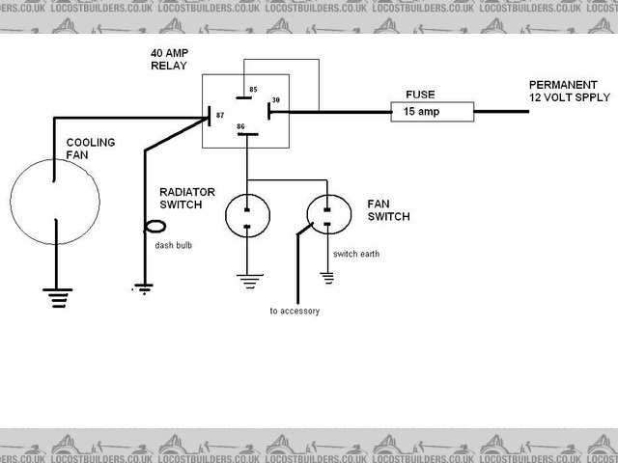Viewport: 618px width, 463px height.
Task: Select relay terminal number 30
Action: (275, 100)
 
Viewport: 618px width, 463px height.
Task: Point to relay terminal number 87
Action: (220, 116)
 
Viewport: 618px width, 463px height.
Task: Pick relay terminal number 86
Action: (240, 128)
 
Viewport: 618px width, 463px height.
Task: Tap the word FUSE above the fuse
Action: (419, 95)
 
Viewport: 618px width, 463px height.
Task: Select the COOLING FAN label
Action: (90, 149)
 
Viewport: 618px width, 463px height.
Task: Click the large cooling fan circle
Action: (56, 201)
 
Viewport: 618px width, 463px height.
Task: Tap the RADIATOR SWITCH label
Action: (187, 198)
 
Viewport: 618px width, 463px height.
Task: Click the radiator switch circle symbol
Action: (248, 215)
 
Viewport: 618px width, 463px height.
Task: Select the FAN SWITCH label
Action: (387, 211)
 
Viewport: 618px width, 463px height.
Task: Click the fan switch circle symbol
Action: (328, 215)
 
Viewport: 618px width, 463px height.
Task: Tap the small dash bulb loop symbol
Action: (154, 230)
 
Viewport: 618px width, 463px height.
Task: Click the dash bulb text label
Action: (174, 246)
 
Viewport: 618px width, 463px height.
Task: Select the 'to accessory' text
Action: (295, 312)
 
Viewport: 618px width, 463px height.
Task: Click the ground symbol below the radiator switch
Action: (248, 281)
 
